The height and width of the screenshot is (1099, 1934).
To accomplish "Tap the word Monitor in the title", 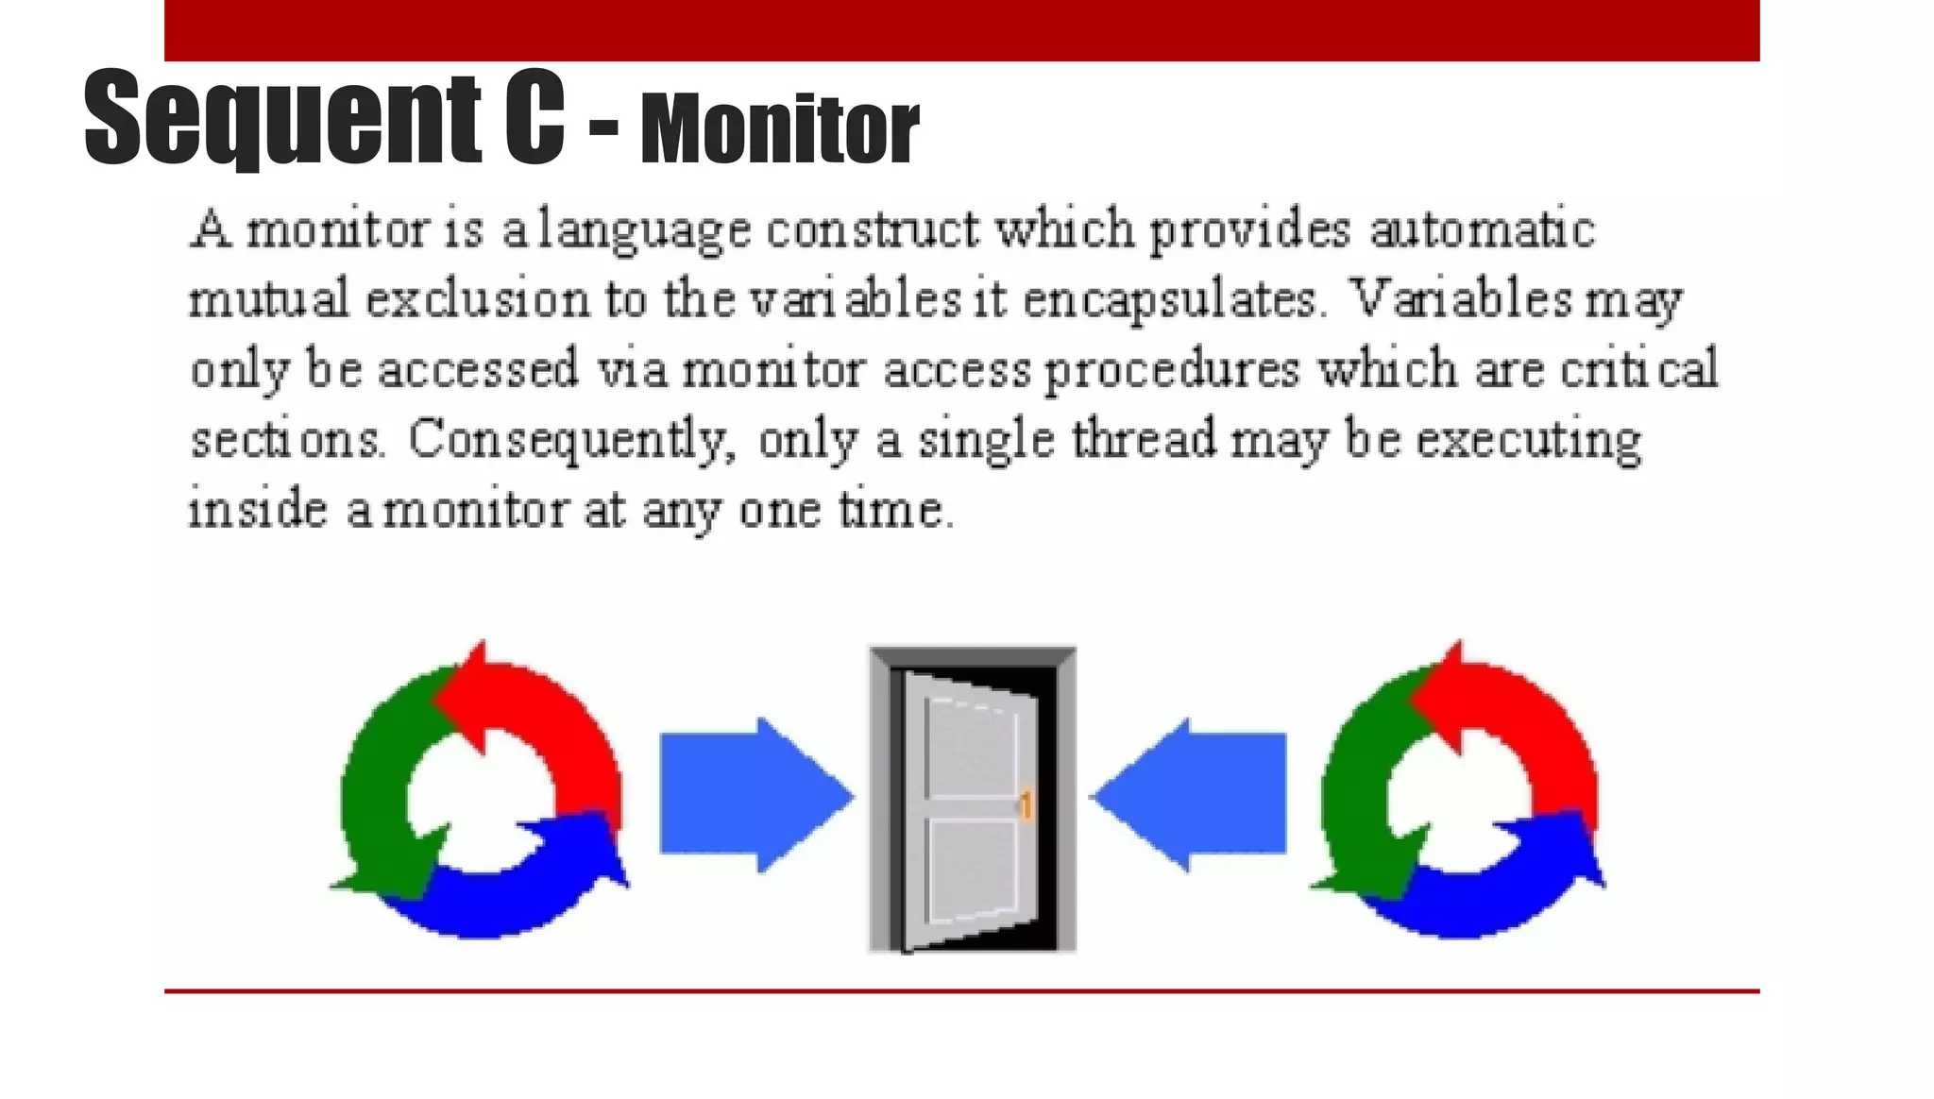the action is (779, 129).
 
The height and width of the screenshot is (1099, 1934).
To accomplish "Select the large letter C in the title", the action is (534, 118).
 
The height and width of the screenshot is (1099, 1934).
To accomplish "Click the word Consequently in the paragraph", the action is (571, 441).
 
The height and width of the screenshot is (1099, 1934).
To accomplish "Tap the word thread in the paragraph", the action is (1144, 440).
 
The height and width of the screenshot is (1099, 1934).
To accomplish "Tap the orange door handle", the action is (1026, 804).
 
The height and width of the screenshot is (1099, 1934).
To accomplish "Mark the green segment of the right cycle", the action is (1356, 793).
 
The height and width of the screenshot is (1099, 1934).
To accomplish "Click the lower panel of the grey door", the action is (973, 869).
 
